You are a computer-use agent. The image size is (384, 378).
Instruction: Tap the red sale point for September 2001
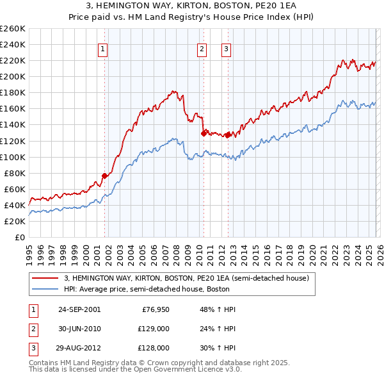pos(104,176)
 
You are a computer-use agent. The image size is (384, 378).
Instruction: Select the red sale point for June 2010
pos(204,133)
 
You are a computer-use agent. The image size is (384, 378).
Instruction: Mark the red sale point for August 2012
pos(228,135)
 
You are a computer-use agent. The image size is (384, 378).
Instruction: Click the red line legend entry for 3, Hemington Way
pos(186,278)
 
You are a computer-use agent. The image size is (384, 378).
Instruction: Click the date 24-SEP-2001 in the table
pos(79,309)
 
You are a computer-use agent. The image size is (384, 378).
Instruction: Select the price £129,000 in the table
pos(154,329)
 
